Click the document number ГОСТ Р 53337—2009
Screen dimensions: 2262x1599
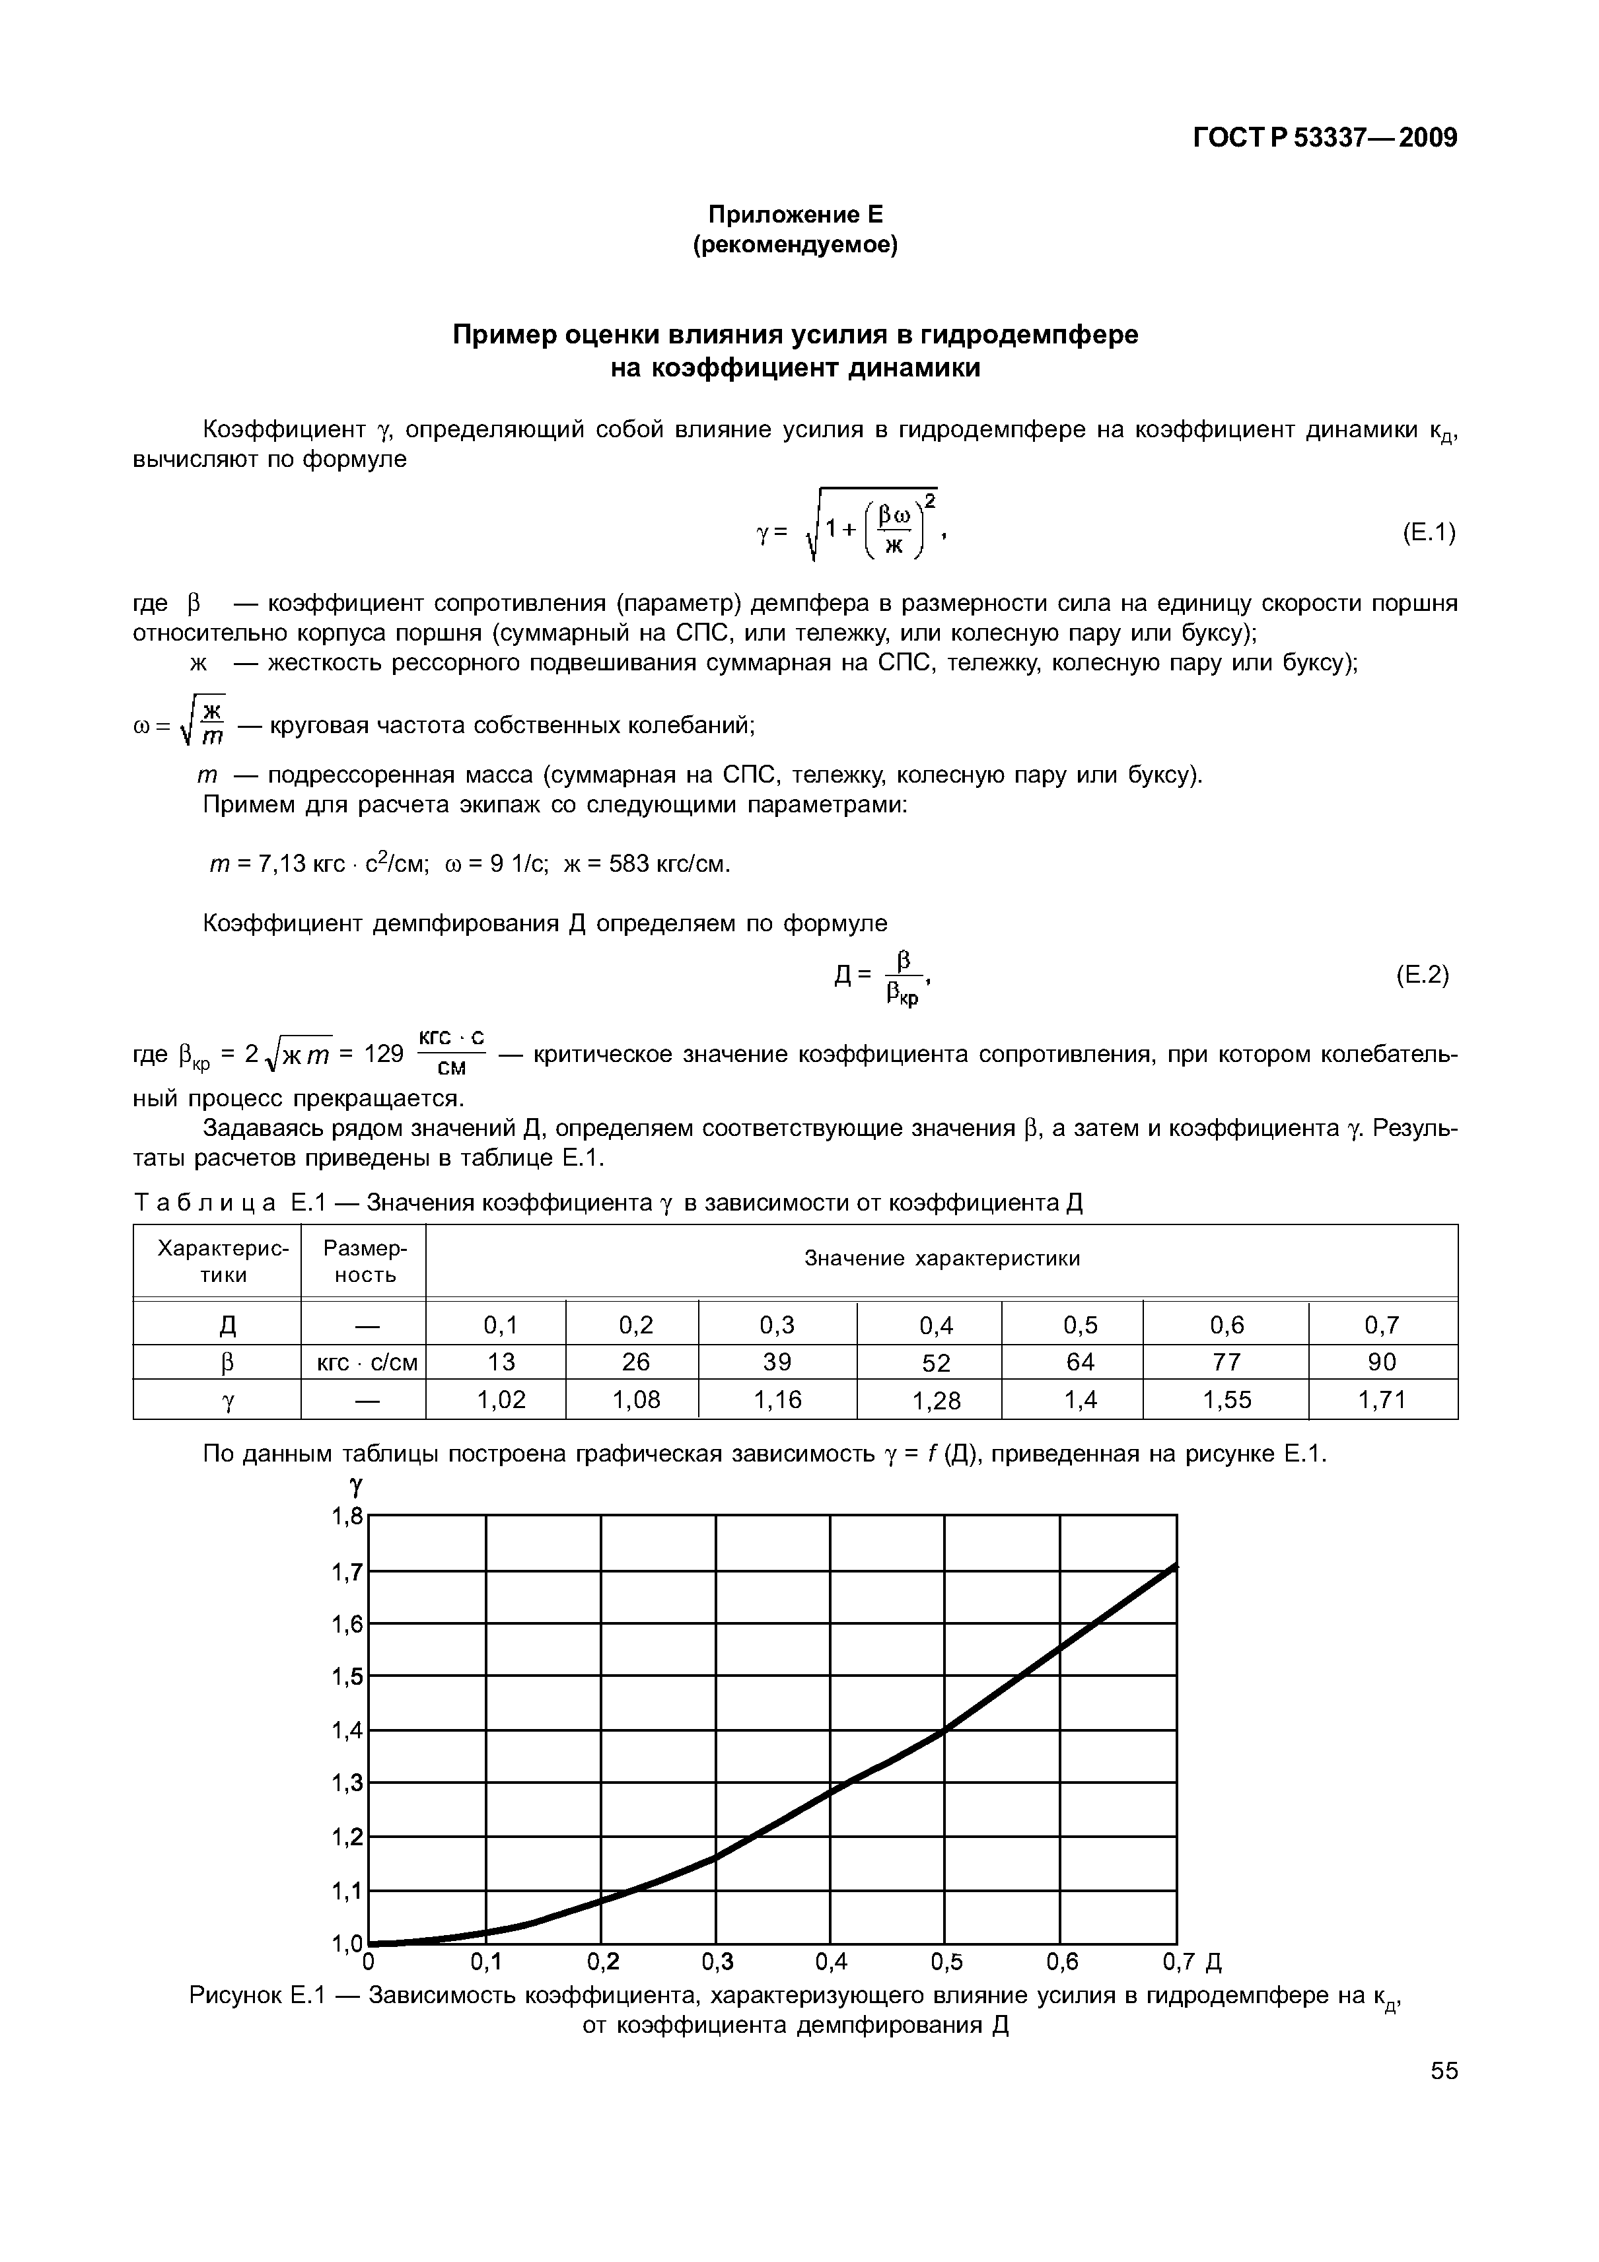click(1324, 138)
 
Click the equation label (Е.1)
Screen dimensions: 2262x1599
click(1427, 533)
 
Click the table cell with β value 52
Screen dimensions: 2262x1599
click(936, 1362)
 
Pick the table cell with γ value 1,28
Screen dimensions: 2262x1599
click(936, 1400)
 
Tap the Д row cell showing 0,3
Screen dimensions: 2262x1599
click(777, 1325)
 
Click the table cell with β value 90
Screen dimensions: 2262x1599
click(1382, 1362)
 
